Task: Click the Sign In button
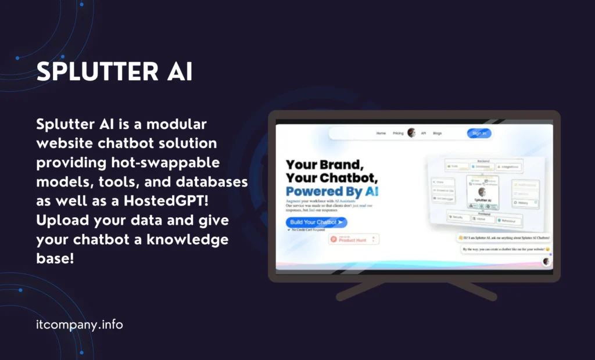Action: [479, 133]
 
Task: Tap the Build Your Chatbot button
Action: [316, 222]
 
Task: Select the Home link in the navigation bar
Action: [381, 133]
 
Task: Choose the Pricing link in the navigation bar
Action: [398, 133]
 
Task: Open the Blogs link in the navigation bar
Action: [437, 133]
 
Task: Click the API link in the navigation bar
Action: [424, 133]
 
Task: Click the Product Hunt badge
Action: [354, 239]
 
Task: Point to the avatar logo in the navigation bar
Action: [411, 132]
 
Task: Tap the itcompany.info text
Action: [80, 325]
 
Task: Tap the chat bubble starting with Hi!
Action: [503, 237]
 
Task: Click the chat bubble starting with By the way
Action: [506, 249]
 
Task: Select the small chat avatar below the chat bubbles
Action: [546, 261]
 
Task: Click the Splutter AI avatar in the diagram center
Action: [481, 192]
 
